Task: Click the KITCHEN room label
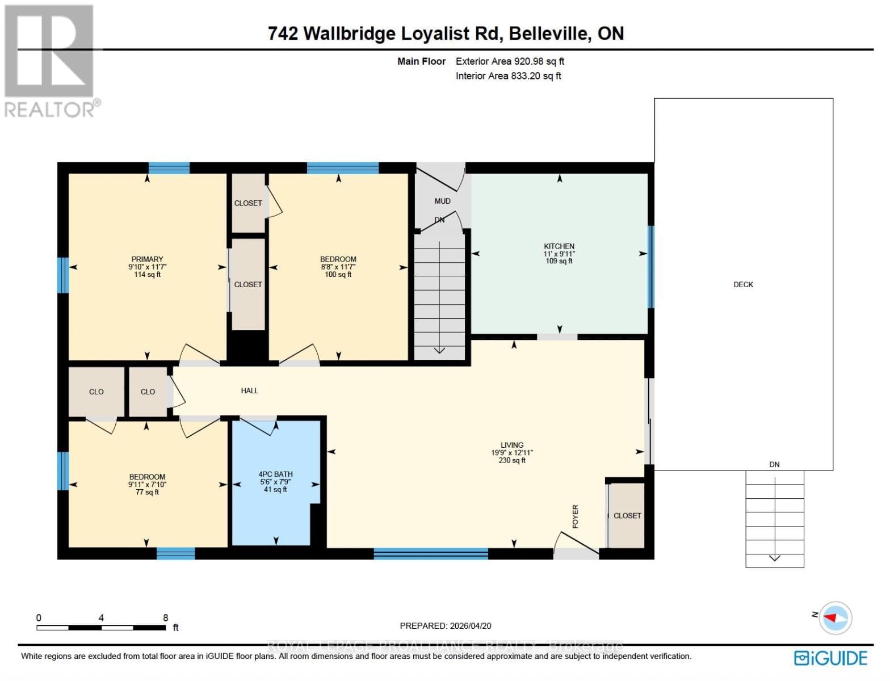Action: tap(559, 246)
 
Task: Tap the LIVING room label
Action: tap(511, 445)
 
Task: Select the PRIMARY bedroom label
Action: tap(147, 259)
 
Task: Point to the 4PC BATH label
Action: tap(275, 474)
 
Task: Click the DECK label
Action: tap(743, 285)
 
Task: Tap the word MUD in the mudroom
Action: tap(442, 201)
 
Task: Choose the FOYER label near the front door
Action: tap(575, 516)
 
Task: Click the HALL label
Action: tap(249, 390)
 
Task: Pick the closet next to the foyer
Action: tap(627, 515)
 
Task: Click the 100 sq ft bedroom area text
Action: tap(338, 275)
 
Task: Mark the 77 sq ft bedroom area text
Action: tap(147, 493)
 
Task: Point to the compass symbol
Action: tap(835, 617)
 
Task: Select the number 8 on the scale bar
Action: tap(166, 618)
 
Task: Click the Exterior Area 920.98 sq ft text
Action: tap(510, 61)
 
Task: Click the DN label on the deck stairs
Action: tap(774, 464)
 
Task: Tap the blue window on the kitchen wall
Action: tap(650, 267)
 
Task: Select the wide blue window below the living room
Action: tap(430, 554)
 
